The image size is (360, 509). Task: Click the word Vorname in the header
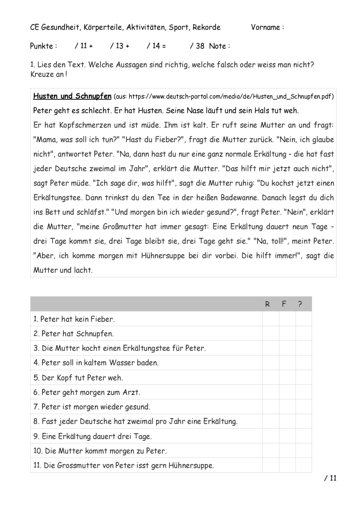(x=265, y=27)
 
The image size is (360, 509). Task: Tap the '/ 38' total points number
(x=197, y=46)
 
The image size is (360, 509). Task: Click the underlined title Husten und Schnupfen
(x=72, y=96)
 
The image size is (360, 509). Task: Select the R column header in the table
(x=267, y=304)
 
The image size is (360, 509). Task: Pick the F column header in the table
(x=284, y=304)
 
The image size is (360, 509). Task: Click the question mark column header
(x=300, y=304)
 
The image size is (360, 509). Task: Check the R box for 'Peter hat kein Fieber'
(x=271, y=319)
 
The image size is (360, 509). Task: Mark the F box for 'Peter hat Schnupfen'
(x=287, y=333)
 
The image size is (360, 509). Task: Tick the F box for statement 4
(x=287, y=363)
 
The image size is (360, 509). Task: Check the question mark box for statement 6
(x=303, y=392)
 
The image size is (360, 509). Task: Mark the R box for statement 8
(x=271, y=421)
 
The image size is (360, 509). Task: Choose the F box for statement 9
(x=287, y=436)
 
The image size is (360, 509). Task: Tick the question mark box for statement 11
(x=303, y=465)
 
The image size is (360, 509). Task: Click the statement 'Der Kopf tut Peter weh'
(x=78, y=378)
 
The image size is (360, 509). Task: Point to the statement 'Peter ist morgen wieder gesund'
(x=92, y=407)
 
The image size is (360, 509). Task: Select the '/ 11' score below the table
(x=330, y=478)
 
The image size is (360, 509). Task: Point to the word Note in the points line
(x=217, y=46)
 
